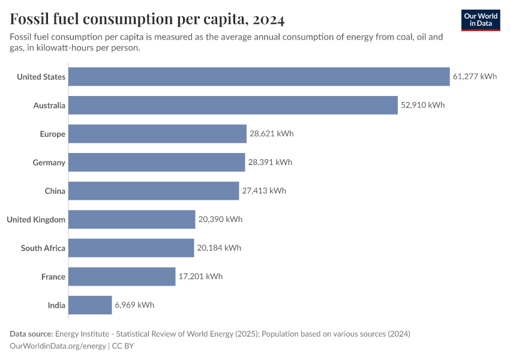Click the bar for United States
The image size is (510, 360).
(x=259, y=77)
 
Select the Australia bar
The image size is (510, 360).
(x=233, y=106)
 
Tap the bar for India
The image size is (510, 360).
(x=90, y=305)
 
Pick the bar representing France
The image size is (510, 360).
(x=122, y=277)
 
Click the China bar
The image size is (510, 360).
(x=154, y=191)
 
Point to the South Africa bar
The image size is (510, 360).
(x=131, y=248)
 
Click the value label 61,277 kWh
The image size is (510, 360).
(x=475, y=77)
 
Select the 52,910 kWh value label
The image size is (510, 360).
(x=423, y=106)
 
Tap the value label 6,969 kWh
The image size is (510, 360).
(x=134, y=305)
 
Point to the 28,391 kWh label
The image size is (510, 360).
(x=270, y=163)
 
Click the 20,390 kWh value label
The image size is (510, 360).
(x=220, y=220)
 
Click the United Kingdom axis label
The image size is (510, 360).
(x=36, y=220)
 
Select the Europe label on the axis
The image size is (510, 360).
(x=53, y=134)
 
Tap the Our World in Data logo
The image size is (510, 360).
(x=480, y=20)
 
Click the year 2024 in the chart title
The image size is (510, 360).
(x=268, y=19)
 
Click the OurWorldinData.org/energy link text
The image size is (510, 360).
(x=58, y=346)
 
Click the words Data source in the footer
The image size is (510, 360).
(x=31, y=334)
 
